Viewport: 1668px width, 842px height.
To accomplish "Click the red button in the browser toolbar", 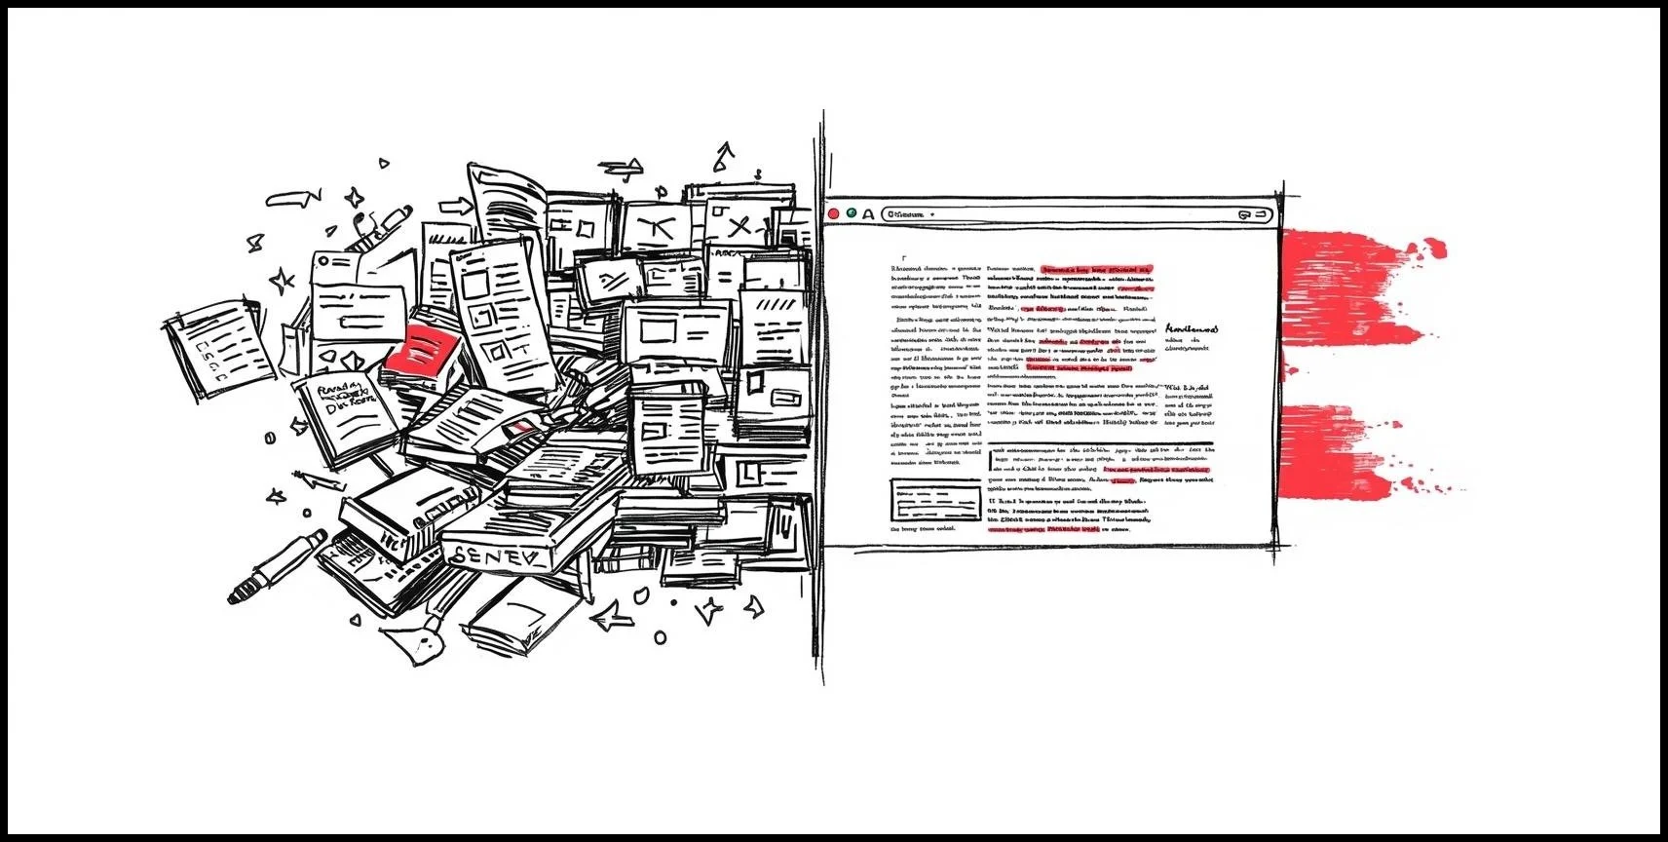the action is pos(833,213).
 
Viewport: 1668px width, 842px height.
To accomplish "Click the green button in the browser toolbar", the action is pos(852,213).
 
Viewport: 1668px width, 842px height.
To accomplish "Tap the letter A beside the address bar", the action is pos(867,213).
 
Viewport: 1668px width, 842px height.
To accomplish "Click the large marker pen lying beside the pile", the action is pos(278,565).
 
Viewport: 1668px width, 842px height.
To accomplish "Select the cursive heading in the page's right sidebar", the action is pos(1191,330).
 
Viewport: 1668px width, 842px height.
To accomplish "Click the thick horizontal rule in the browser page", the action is pos(1101,444).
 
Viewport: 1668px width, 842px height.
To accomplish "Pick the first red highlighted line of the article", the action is pos(1097,267).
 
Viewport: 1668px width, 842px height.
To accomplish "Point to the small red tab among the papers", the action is pos(522,427).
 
